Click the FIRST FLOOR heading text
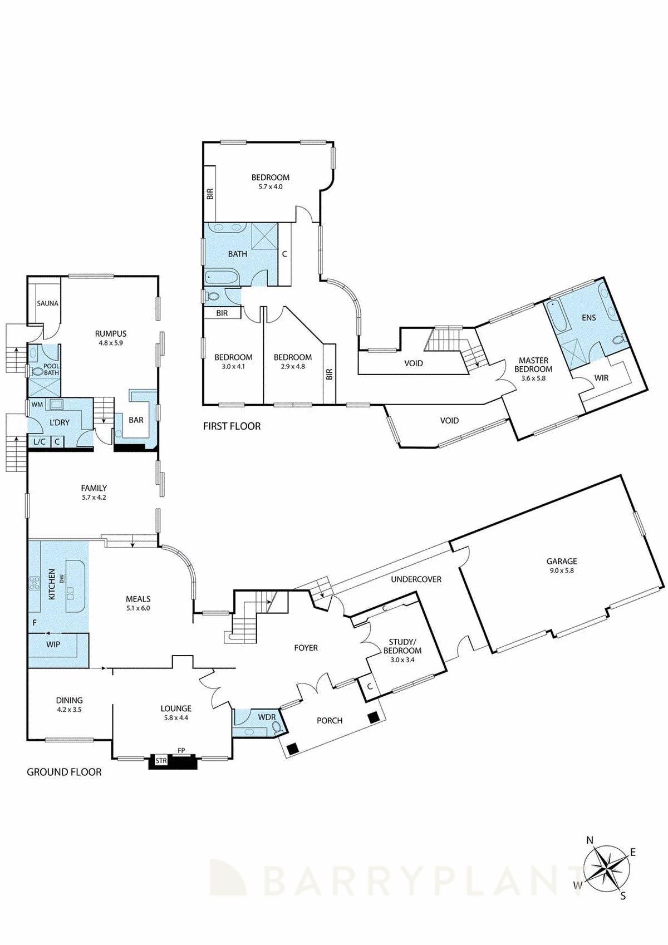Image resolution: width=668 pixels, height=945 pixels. [232, 426]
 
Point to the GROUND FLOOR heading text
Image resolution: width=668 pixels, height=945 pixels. [64, 772]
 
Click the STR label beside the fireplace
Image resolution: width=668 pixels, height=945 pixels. [161, 760]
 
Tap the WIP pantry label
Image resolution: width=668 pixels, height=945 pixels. [53, 644]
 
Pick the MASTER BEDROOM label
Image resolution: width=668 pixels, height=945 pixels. [533, 365]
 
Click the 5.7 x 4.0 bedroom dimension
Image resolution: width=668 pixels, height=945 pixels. [270, 187]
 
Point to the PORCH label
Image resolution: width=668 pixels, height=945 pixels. [329, 720]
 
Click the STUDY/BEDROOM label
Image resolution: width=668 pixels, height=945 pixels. [402, 650]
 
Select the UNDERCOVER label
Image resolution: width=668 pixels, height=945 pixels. [416, 579]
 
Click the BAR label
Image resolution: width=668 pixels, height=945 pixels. [136, 420]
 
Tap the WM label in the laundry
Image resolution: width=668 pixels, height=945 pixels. [37, 405]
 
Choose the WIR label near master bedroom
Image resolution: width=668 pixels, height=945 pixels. [601, 378]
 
